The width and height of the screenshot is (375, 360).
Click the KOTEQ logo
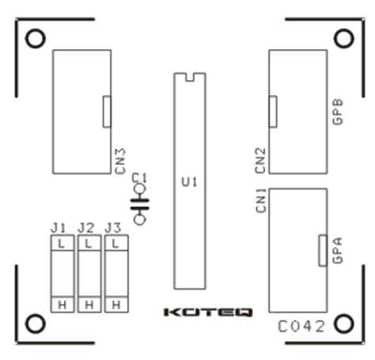207,313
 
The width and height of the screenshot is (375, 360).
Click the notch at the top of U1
188,77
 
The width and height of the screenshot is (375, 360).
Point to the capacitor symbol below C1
141,203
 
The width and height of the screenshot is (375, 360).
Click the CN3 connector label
121,158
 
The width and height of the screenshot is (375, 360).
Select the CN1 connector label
261,201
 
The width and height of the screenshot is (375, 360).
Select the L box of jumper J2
88,245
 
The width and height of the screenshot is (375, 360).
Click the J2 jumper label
87,228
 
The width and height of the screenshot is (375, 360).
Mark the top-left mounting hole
35,39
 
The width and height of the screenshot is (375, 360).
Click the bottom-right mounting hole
342,323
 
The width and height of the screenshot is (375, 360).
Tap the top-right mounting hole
342,39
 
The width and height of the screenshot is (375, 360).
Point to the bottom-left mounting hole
35,323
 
